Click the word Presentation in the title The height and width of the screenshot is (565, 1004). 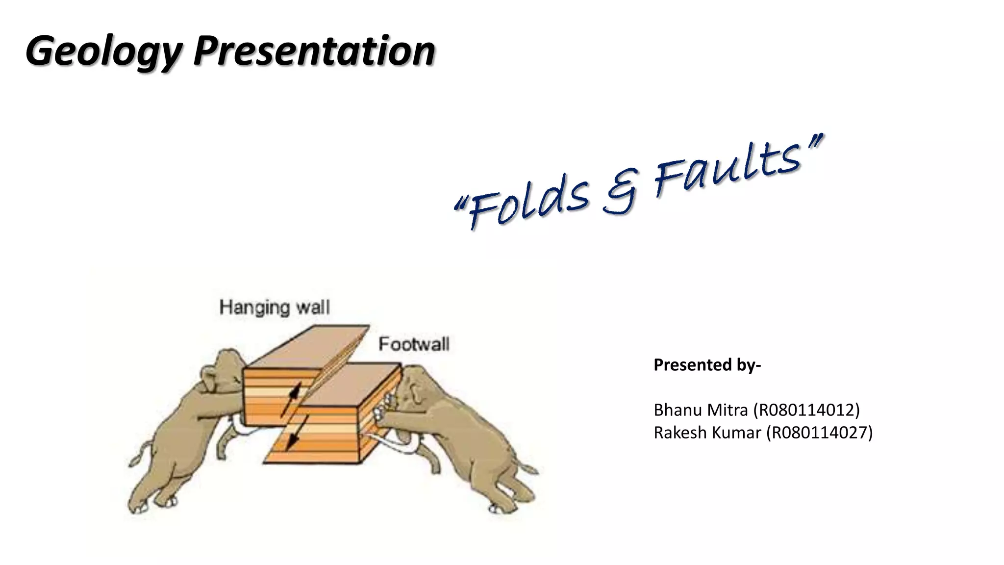(314, 51)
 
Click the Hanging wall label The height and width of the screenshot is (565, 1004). (275, 308)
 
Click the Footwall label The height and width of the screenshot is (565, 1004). (414, 344)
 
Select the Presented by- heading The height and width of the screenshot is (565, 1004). (707, 365)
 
